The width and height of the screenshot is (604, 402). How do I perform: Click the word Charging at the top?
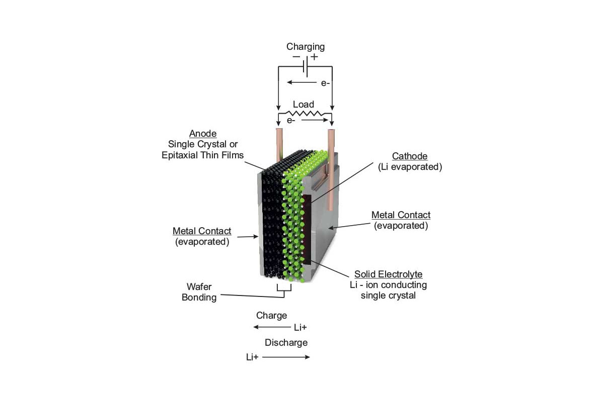305,47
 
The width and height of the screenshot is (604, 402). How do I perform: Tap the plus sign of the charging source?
314,57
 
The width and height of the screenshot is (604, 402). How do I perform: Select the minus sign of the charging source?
296,57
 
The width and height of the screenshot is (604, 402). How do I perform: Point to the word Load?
304,104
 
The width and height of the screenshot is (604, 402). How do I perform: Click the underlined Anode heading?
203,133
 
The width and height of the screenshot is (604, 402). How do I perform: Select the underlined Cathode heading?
410,156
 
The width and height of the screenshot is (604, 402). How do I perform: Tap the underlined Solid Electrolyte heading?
388,274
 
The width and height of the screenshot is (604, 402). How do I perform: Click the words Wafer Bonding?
199,292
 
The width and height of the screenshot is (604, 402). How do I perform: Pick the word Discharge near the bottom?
286,343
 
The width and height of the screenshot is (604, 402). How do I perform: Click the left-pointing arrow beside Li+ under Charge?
272,327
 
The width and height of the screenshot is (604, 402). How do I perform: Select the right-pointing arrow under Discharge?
286,357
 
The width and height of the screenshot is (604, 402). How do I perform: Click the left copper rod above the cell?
279,145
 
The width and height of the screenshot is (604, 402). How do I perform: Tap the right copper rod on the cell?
331,170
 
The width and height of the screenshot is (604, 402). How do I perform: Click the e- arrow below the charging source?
301,82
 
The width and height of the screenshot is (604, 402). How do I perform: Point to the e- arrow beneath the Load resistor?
315,120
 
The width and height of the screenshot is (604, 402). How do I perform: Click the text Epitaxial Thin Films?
202,155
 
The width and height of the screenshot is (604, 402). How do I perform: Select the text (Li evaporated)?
410,167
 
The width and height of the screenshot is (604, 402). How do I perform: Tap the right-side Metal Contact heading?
401,215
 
